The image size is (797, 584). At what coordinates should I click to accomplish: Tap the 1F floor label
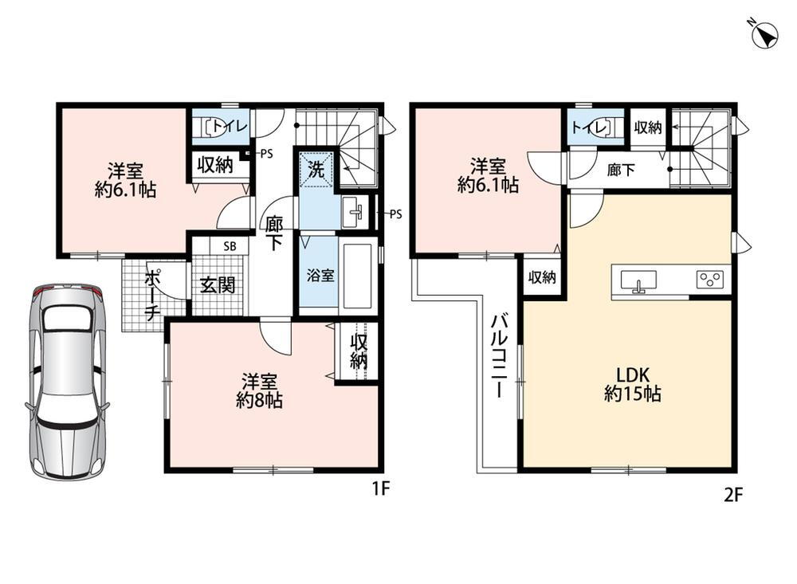tap(381, 488)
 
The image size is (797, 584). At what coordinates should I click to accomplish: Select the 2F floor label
tap(733, 494)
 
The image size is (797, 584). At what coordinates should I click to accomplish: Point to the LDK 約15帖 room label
tap(632, 384)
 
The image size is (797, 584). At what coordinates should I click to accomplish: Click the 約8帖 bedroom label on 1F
tap(259, 390)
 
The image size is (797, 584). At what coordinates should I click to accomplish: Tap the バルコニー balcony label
tap(499, 356)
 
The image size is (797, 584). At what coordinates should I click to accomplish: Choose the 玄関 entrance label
tap(218, 285)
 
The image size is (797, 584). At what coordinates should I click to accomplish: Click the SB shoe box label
tap(230, 246)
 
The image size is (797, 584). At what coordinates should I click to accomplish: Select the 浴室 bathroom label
tap(320, 276)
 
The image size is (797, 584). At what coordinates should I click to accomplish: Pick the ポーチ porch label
tap(152, 296)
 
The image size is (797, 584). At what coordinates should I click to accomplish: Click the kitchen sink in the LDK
tap(638, 281)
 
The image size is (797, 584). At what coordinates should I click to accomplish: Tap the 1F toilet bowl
tap(216, 127)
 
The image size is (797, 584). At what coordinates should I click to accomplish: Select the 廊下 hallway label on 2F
tap(621, 169)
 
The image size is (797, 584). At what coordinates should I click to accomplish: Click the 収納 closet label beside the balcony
tap(542, 277)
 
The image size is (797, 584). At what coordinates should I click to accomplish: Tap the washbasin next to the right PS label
tap(354, 213)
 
